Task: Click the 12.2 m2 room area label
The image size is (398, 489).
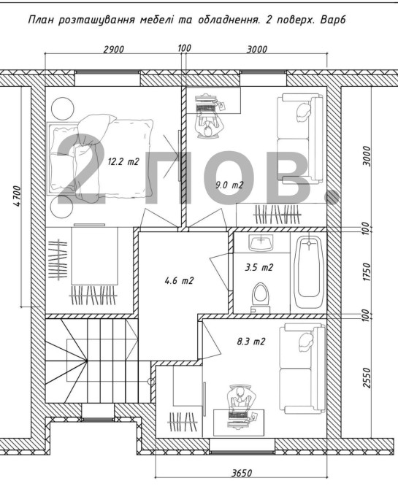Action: [123, 161]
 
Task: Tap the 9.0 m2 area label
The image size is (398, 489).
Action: [229, 185]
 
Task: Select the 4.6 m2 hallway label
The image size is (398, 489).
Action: [179, 281]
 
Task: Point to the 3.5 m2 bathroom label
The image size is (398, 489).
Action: [259, 268]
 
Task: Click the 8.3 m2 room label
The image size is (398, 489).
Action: [251, 342]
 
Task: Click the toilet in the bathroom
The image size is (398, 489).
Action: [261, 297]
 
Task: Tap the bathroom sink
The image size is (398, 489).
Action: [261, 243]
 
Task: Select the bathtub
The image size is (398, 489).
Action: [309, 270]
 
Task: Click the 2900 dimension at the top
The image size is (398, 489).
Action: [114, 50]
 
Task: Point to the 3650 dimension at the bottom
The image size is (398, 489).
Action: [242, 473]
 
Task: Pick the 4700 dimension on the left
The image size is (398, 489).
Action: [17, 196]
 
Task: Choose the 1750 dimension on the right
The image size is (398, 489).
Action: [367, 272]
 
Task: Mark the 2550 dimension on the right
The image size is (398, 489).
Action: [367, 377]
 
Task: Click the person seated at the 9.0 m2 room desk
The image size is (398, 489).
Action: [207, 127]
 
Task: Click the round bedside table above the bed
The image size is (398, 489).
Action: [62, 107]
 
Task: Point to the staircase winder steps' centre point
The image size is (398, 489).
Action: [87, 361]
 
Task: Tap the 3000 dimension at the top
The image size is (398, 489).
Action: [257, 50]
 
